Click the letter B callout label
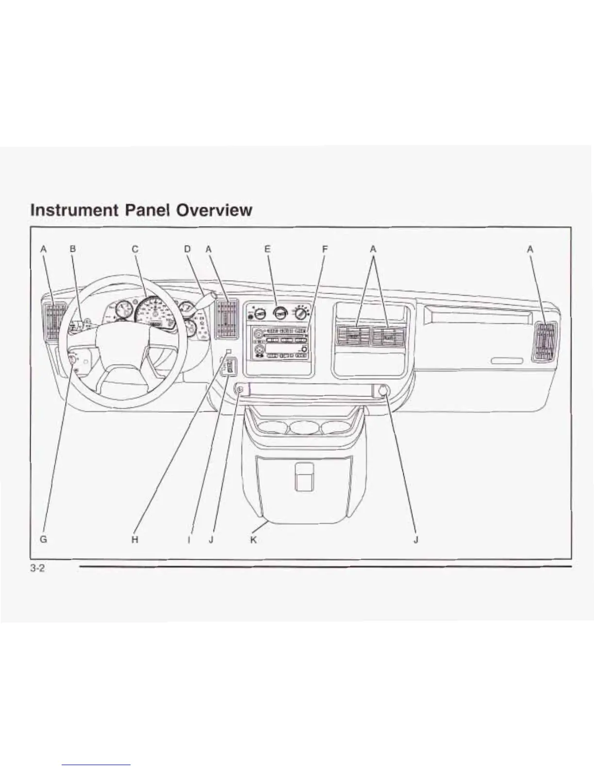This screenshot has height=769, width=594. [73, 249]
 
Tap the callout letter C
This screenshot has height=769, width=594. [135, 249]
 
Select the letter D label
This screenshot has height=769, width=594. [187, 249]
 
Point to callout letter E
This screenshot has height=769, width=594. [267, 249]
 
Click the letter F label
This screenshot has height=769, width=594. [325, 249]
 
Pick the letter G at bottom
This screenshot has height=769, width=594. [43, 539]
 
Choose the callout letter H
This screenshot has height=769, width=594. [135, 539]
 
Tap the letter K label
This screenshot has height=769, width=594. [253, 539]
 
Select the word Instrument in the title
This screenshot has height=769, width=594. [74, 210]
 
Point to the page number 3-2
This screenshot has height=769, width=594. [37, 568]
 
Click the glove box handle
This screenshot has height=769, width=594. [507, 361]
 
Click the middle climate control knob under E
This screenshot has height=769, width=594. [279, 313]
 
